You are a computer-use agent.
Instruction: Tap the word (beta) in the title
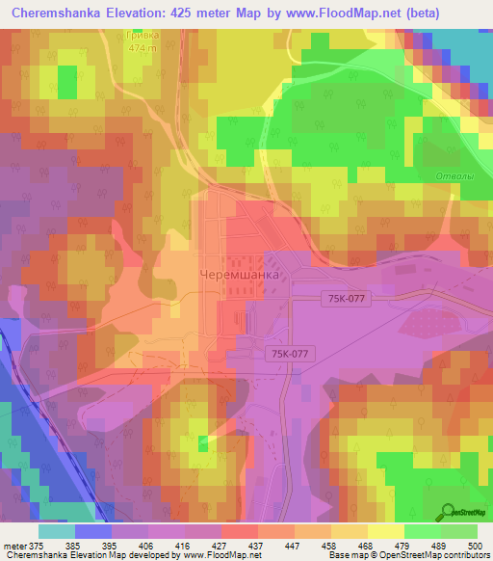tap(463, 13)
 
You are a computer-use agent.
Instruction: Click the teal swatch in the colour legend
tap(56, 531)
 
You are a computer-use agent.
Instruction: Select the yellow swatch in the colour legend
tap(385, 531)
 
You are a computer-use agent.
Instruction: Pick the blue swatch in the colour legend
tap(92, 531)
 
